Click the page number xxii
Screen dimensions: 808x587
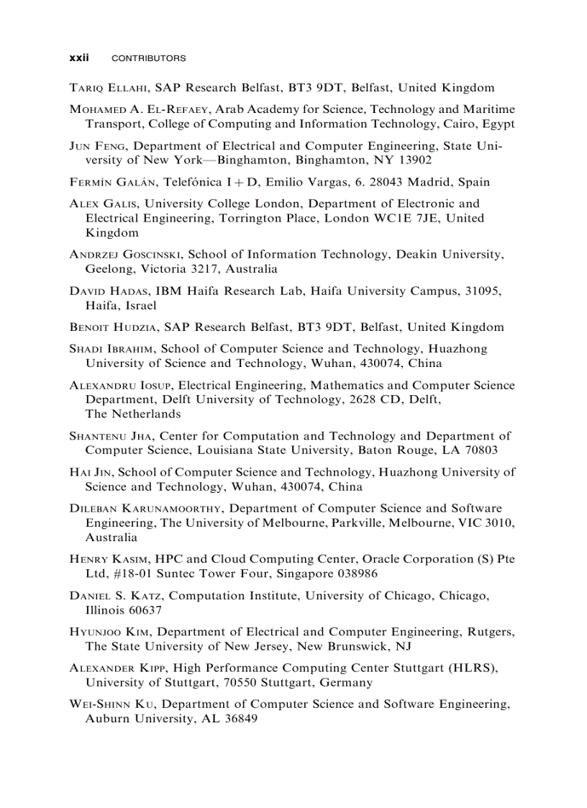tap(78, 58)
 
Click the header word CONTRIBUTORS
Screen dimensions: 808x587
tap(149, 58)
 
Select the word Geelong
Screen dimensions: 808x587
tap(109, 269)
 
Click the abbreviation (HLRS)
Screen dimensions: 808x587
tap(472, 668)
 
